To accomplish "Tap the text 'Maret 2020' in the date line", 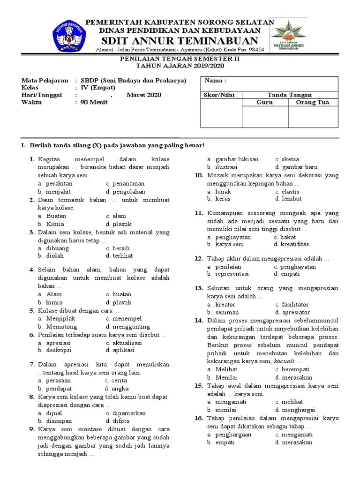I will [x=143, y=95].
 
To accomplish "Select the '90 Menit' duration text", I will [x=95, y=102].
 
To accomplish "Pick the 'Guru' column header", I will [x=265, y=102].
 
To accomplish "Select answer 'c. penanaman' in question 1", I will [x=125, y=184].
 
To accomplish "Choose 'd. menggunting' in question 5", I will [x=127, y=327].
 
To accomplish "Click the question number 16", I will [x=198, y=418].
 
